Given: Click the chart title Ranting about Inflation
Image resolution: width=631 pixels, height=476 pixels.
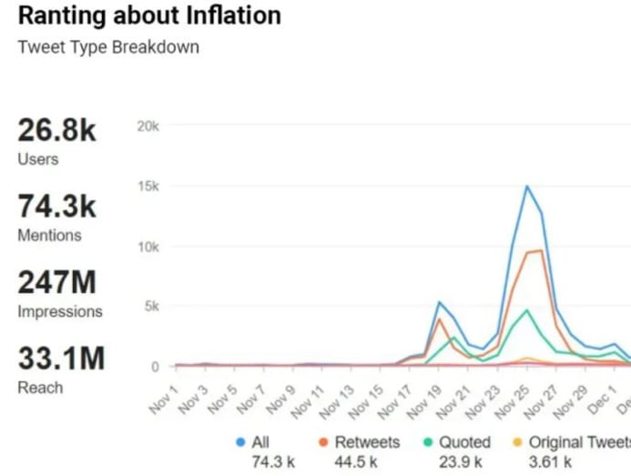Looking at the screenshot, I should pyautogui.click(x=149, y=15).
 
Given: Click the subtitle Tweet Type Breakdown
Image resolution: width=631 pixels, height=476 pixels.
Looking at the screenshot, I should pyautogui.click(x=108, y=47).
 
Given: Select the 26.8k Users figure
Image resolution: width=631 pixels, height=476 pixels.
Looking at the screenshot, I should pyautogui.click(x=56, y=130).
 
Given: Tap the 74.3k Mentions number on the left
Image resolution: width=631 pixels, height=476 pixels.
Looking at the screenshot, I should pyautogui.click(x=56, y=207).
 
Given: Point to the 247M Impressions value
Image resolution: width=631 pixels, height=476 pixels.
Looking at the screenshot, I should pyautogui.click(x=56, y=282).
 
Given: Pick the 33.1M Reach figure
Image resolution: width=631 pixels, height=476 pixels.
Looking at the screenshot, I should pyautogui.click(x=60, y=359).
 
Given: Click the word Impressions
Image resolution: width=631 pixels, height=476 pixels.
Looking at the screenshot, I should pyautogui.click(x=60, y=311).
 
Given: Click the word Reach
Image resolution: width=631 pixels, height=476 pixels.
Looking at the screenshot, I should pyautogui.click(x=40, y=388).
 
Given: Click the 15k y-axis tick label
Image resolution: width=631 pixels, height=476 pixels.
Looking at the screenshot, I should pyautogui.click(x=148, y=187).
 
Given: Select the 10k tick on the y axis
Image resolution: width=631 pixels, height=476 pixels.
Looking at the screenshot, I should pyautogui.click(x=148, y=247).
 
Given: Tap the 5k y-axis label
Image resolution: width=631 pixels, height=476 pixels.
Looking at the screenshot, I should pyautogui.click(x=151, y=307).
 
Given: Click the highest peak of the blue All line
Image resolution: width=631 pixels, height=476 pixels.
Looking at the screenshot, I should pyautogui.click(x=526, y=187).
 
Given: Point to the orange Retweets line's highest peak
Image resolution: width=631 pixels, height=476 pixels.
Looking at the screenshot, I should pyautogui.click(x=540, y=250).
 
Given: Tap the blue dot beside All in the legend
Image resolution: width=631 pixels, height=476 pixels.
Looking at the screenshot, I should pyautogui.click(x=240, y=442).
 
